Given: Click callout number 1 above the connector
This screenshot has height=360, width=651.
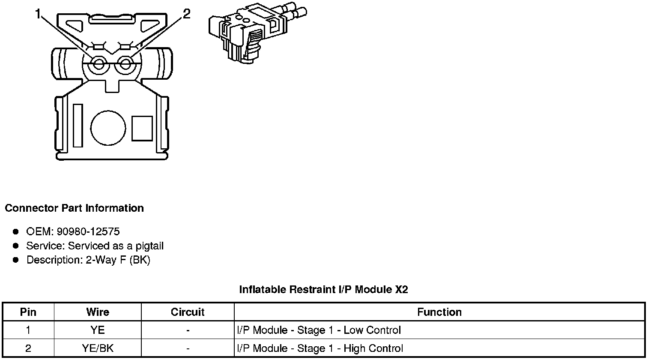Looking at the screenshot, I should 38,15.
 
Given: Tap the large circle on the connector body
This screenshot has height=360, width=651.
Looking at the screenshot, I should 108,128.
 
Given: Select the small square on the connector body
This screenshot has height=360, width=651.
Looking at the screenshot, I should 142,128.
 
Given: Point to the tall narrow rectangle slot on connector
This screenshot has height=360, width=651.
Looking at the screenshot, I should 78,125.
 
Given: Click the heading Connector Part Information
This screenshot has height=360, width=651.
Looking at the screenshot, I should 74,208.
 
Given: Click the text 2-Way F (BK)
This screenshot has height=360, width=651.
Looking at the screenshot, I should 118,260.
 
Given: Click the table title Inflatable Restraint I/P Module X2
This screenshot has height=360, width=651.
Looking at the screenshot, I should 323,290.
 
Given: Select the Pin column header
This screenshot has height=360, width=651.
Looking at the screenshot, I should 28,312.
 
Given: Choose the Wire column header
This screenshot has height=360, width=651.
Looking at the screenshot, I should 98,312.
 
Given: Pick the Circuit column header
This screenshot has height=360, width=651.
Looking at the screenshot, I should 188,312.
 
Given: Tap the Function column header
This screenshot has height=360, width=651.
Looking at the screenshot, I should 439,312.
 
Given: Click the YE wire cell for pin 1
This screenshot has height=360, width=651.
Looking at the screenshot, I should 98,330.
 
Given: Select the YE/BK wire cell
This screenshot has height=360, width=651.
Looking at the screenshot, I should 98,348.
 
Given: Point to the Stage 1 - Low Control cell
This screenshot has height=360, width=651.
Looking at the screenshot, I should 319,330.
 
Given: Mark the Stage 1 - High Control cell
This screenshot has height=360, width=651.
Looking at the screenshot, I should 320,348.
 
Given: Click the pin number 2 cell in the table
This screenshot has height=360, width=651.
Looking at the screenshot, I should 28,348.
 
